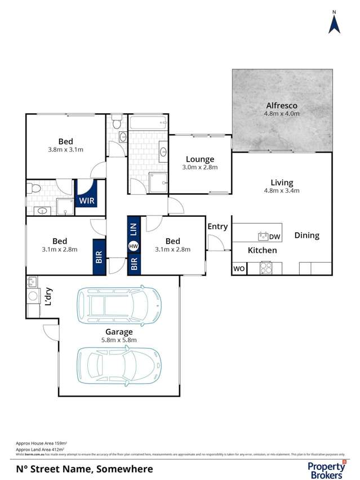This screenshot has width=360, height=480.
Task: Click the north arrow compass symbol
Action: point(334,23)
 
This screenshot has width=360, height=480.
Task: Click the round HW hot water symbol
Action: point(134,246)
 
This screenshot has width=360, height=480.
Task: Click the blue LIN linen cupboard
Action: point(134,229)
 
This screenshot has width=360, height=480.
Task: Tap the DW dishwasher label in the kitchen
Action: point(275,236)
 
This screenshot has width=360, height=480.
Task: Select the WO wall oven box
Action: point(239,269)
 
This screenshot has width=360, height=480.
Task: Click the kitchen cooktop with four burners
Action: point(266,268)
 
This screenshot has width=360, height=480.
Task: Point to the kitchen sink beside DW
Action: point(262,236)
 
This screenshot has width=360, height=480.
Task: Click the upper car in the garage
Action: point(119,306)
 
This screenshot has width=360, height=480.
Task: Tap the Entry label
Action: point(217,226)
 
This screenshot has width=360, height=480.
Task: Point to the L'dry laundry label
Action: point(49,297)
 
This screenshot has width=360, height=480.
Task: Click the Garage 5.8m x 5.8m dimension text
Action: point(118,340)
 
